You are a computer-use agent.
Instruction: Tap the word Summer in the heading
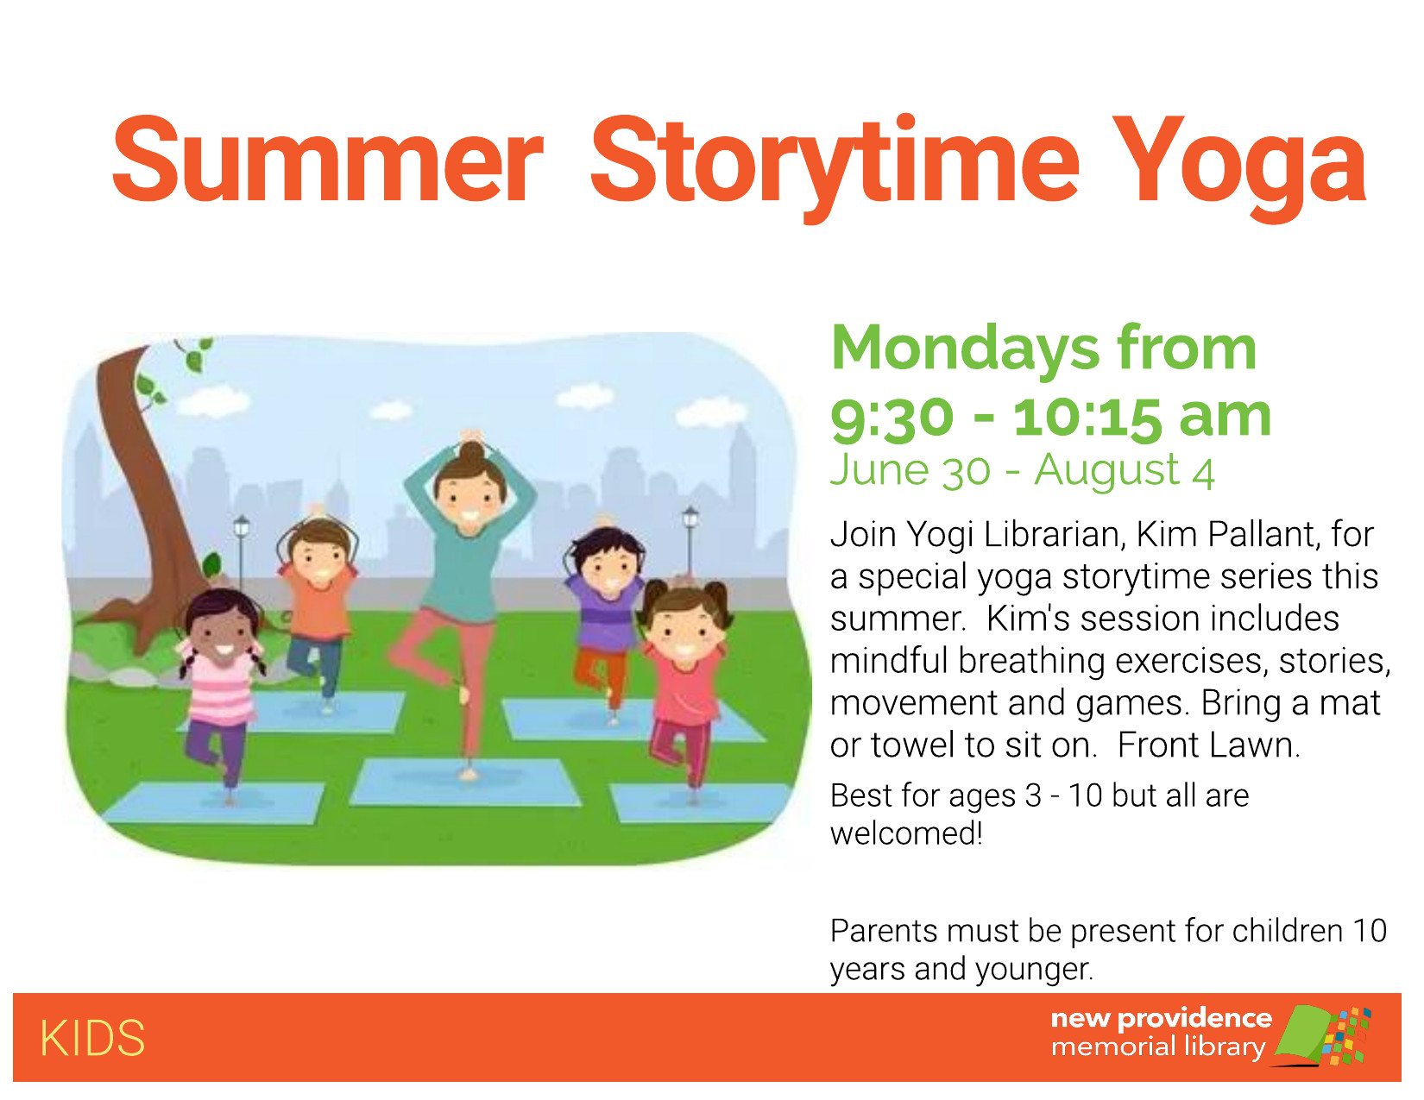point(328,160)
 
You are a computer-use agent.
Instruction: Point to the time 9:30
point(892,418)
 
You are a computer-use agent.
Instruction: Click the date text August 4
point(1125,470)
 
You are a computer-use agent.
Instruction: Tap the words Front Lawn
point(1208,745)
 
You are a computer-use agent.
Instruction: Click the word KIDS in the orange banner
point(92,1039)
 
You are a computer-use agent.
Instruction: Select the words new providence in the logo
point(1162,1019)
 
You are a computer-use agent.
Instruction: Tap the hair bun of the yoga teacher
point(471,452)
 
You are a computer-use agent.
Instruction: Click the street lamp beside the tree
point(241,550)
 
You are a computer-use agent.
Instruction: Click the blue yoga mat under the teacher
point(466,783)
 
